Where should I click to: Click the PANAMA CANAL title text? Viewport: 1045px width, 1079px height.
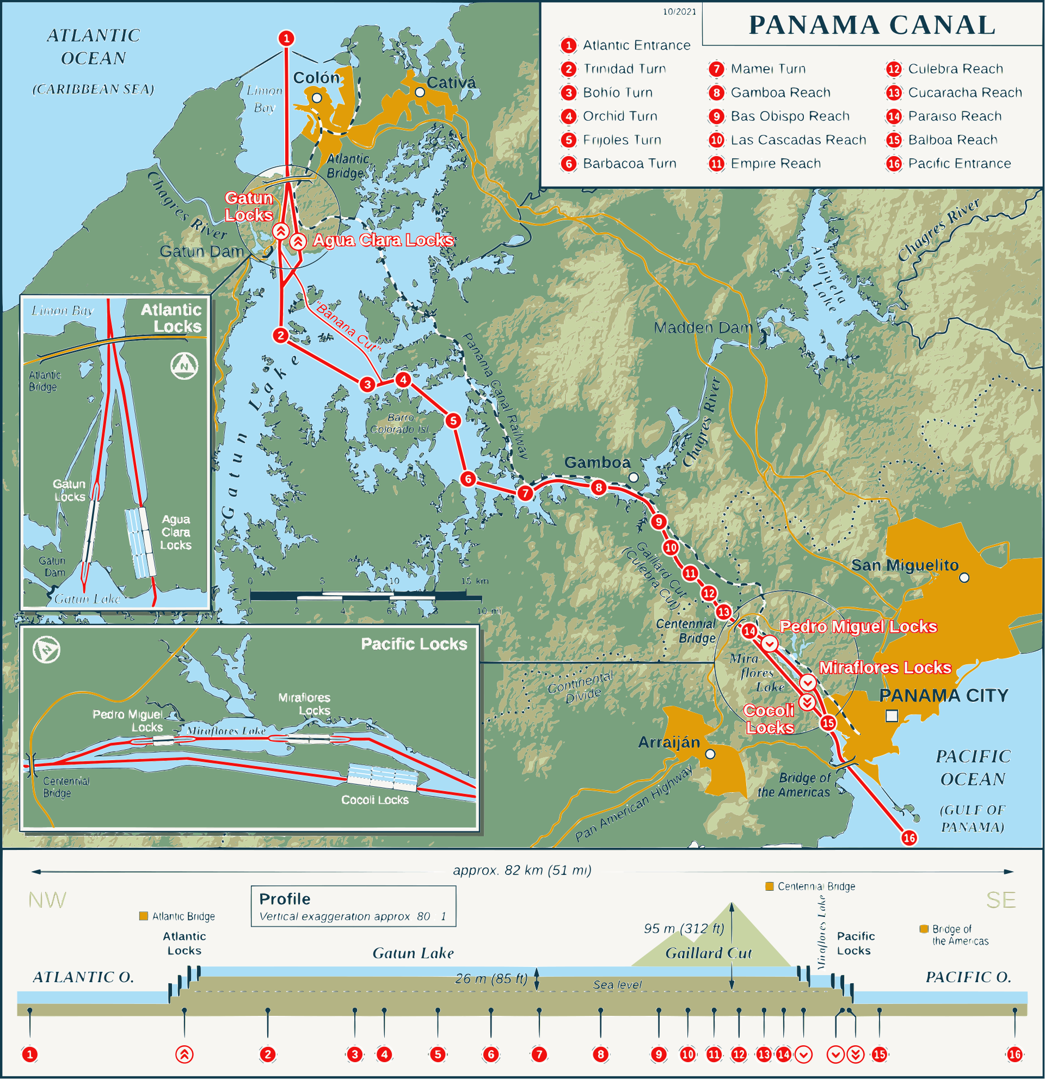point(871,26)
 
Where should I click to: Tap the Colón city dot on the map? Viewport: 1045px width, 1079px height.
point(317,98)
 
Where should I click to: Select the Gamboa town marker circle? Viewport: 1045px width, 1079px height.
point(633,477)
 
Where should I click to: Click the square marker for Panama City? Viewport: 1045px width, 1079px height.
point(892,716)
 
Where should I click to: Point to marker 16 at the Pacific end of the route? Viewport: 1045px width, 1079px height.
point(909,838)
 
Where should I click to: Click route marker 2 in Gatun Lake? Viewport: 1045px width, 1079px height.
point(281,335)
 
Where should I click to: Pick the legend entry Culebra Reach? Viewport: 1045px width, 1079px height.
point(955,69)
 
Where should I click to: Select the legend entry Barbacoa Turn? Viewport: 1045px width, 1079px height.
point(629,163)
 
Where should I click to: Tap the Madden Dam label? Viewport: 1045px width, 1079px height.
point(703,328)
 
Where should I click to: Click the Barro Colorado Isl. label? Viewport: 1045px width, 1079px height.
point(399,423)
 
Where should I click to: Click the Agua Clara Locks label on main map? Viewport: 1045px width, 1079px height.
point(383,240)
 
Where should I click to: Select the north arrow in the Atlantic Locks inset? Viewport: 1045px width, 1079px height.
point(184,366)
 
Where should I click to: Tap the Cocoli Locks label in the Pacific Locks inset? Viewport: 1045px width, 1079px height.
point(375,800)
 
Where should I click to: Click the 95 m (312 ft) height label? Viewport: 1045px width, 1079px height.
point(684,929)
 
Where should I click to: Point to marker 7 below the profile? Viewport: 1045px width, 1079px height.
point(539,1054)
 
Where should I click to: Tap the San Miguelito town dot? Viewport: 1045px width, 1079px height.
point(964,577)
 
